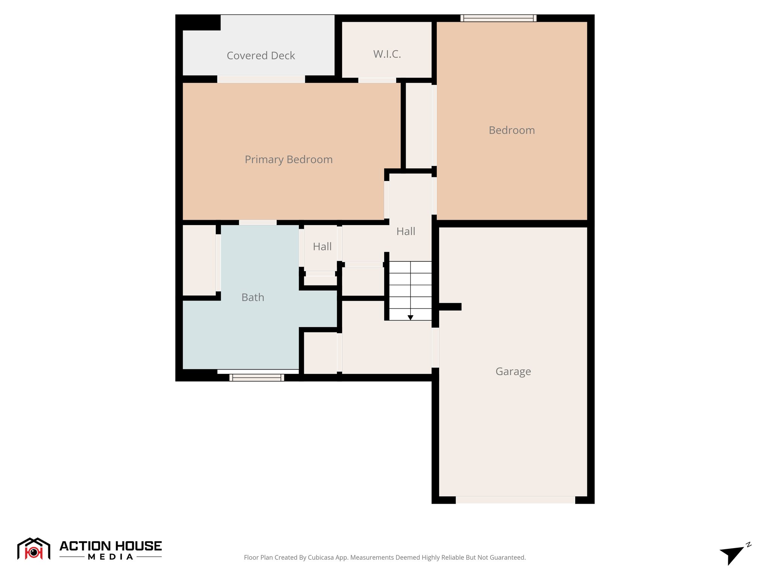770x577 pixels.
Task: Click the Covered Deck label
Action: (261, 56)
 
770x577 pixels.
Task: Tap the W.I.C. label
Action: (387, 54)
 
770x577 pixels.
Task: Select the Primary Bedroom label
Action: (288, 160)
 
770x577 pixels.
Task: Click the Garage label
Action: (513, 372)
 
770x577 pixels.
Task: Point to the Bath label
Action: (253, 298)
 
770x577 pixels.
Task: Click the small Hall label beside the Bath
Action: (322, 247)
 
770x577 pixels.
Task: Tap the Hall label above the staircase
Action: (406, 231)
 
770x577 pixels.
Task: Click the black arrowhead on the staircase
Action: (410, 317)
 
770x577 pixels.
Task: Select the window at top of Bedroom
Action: (498, 18)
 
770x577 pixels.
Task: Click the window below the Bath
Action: (257, 377)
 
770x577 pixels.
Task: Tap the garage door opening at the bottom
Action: (515, 500)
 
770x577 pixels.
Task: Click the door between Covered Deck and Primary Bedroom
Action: (261, 79)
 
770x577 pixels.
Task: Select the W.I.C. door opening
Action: (377, 80)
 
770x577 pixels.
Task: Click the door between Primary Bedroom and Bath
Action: (258, 222)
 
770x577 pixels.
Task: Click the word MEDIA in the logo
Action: (111, 557)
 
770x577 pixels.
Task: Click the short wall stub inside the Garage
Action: (450, 307)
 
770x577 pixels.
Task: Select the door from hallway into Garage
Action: (435, 347)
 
